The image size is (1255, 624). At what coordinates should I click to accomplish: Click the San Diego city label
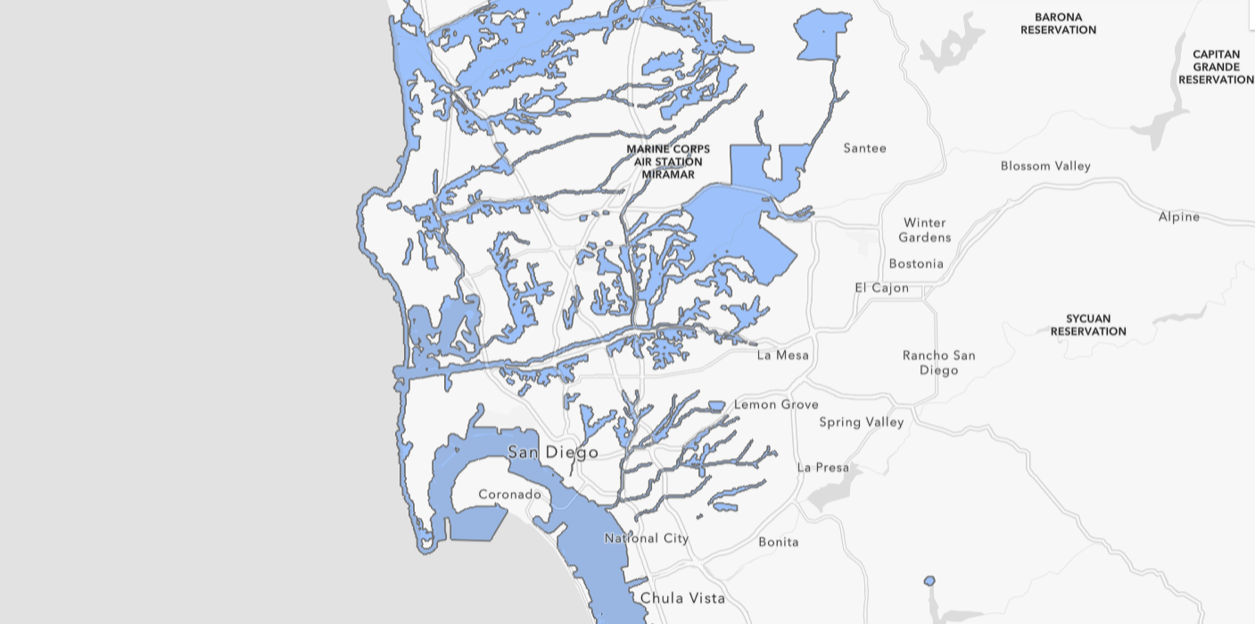[553, 453]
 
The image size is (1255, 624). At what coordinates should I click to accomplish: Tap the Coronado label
[509, 495]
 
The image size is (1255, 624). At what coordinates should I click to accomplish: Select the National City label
[647, 538]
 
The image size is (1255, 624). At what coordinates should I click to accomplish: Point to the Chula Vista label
[682, 598]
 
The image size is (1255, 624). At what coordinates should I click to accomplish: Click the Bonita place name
[779, 542]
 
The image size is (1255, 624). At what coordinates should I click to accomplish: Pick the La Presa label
[822, 468]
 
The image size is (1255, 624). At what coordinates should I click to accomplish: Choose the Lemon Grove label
[776, 404]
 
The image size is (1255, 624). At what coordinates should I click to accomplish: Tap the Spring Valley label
[862, 422]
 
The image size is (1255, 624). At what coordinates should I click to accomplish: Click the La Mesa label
[782, 355]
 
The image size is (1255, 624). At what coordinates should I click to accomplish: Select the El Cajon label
[881, 287]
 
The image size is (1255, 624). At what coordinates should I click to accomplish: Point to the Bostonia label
[916, 263]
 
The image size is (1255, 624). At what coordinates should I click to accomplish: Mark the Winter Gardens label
[924, 230]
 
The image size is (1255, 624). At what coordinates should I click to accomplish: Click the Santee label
[864, 148]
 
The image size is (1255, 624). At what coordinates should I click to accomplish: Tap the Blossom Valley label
[1045, 166]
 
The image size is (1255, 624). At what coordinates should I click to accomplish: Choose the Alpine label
[1178, 217]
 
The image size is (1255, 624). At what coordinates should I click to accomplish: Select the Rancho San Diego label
[938, 362]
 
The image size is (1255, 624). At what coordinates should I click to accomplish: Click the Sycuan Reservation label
[1088, 325]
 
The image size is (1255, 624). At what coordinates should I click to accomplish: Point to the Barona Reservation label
[1058, 23]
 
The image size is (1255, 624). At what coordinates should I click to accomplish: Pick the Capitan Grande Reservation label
[1216, 67]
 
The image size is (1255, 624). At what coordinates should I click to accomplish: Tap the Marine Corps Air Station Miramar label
[668, 162]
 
